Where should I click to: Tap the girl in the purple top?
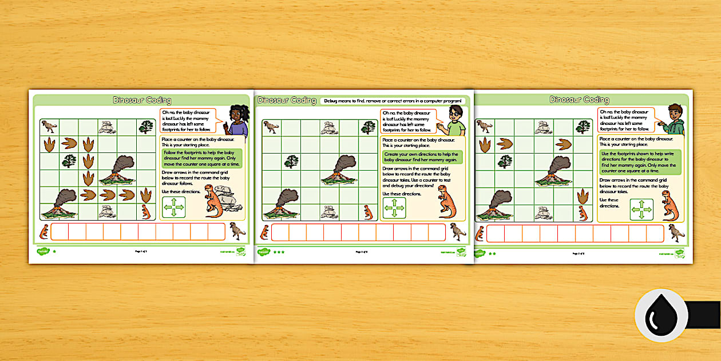tap(237, 121)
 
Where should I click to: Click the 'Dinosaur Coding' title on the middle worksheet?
tap(287, 100)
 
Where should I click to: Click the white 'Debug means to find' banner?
tap(393, 100)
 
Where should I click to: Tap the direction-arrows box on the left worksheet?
tap(174, 207)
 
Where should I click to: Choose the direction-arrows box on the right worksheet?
tap(641, 209)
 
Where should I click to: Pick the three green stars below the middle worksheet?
tap(279, 252)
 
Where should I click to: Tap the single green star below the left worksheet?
tap(54, 252)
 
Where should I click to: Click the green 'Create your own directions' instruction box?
tap(421, 158)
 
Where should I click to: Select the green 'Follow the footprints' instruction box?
tap(202, 159)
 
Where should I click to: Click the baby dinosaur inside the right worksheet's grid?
tap(583, 213)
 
